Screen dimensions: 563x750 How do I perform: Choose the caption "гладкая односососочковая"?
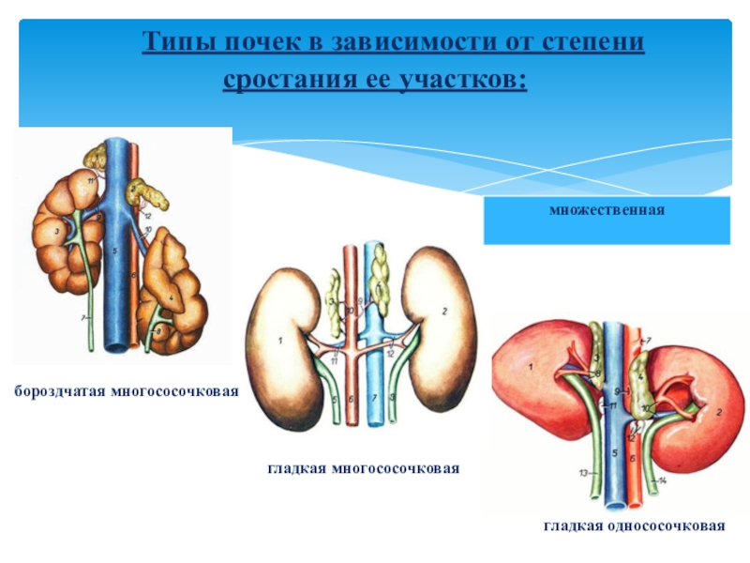click(x=635, y=526)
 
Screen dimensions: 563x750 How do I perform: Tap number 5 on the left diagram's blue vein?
click(x=112, y=251)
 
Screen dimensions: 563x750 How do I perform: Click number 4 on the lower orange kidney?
click(x=172, y=298)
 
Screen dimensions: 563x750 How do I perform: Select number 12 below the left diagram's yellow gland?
click(x=147, y=215)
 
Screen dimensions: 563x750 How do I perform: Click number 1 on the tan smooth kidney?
click(x=278, y=343)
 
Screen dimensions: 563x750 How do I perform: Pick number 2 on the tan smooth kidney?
click(x=444, y=310)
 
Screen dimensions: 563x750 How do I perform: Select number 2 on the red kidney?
click(x=717, y=410)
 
